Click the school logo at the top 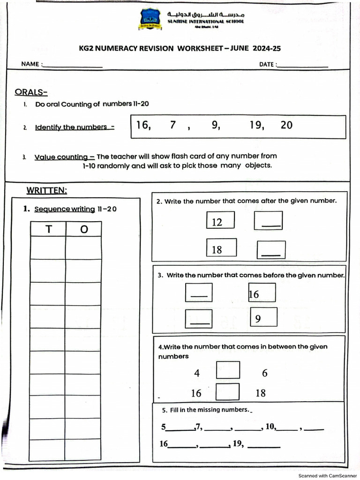coord(150,19)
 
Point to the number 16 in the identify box coord(143,125)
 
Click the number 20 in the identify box coord(286,125)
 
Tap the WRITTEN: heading coord(47,190)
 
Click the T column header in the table coord(48,229)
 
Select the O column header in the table coord(83,229)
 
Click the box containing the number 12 coord(220,220)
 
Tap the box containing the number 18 coord(221,248)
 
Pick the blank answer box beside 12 coord(268,221)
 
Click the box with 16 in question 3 coord(262,293)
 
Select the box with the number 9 coord(263,317)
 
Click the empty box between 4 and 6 coord(228,370)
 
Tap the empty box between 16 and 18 coord(228,392)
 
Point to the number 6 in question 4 coord(265,374)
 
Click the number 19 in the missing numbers coord(238,443)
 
